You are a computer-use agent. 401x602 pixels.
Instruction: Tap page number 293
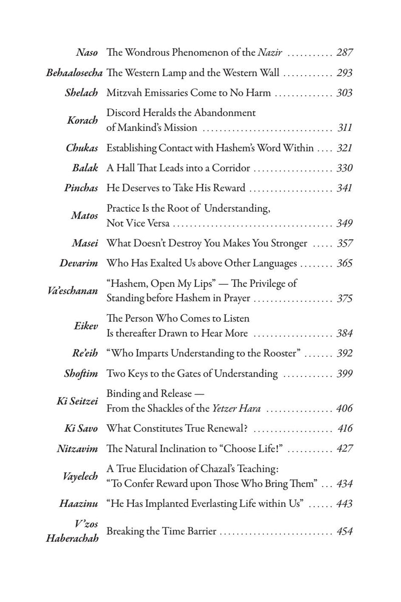[x=344, y=73]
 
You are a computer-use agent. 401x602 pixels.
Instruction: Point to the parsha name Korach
[x=85, y=120]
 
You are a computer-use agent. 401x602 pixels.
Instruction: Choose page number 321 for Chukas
[x=344, y=148]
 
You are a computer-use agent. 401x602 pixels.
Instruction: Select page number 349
[x=344, y=223]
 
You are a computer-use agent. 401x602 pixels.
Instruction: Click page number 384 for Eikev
[x=344, y=333]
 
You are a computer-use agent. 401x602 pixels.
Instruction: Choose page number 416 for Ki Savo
[x=344, y=429]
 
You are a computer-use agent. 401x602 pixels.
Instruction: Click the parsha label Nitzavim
[x=77, y=449]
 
